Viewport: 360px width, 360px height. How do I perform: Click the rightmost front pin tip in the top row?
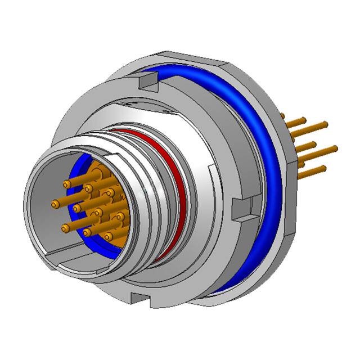tap(110, 192)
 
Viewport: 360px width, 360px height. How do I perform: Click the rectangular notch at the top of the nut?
tap(146, 83)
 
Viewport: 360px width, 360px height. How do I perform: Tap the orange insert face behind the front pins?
tap(96, 174)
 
